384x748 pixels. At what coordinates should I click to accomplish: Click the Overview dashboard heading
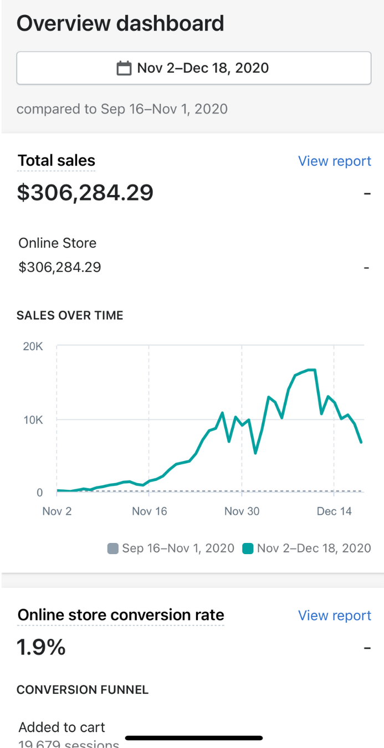click(x=120, y=24)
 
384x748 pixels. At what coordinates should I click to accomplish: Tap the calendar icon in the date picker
click(x=124, y=69)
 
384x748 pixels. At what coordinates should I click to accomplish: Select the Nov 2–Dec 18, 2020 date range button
click(x=202, y=68)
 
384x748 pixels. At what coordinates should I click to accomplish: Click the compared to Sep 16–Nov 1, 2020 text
click(x=122, y=109)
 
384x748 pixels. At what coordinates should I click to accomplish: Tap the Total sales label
click(x=57, y=161)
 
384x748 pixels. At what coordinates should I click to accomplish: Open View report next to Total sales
click(x=334, y=161)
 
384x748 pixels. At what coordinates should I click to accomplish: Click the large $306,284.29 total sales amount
click(x=85, y=193)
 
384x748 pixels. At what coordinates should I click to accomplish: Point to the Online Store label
click(x=58, y=243)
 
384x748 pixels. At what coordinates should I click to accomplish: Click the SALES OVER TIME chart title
click(x=70, y=316)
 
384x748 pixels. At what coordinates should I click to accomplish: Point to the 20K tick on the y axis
click(x=33, y=347)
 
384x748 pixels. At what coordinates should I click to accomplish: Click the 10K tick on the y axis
click(x=33, y=419)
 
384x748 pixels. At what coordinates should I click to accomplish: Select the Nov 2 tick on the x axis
click(x=57, y=511)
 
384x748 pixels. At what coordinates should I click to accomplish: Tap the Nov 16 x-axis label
click(x=150, y=511)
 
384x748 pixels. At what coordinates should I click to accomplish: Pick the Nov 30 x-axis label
click(x=242, y=511)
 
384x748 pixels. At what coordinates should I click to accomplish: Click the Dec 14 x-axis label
click(x=334, y=511)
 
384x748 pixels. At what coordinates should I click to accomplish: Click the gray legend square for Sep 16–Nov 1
click(x=113, y=549)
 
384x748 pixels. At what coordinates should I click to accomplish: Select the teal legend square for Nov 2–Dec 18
click(x=248, y=549)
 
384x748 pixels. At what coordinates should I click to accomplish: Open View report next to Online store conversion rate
click(x=334, y=616)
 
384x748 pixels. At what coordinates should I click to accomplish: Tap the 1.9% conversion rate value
click(x=42, y=647)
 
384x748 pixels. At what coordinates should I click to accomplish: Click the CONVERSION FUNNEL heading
click(x=83, y=690)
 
